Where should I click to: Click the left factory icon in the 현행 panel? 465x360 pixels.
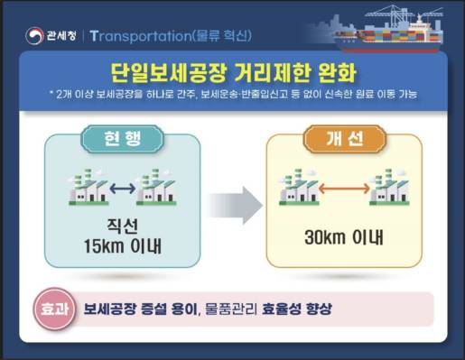tap(87, 187)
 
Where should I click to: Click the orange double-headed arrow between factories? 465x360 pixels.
tap(344, 189)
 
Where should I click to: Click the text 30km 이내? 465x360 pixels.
tap(344, 239)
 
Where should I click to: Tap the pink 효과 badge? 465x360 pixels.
tap(49, 309)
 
